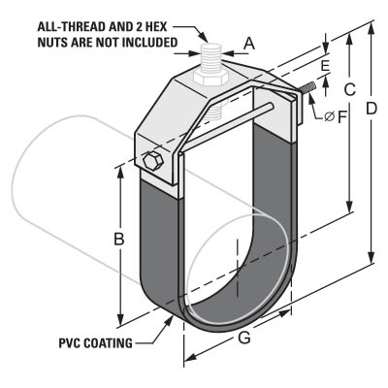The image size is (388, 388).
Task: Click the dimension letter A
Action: point(249,44)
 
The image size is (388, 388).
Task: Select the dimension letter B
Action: point(119,239)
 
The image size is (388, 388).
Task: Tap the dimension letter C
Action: point(349,89)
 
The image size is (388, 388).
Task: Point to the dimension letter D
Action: point(372,109)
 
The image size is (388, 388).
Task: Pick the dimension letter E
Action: point(325,66)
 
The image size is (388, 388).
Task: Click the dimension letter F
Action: point(342,117)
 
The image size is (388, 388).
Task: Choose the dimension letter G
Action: point(244,338)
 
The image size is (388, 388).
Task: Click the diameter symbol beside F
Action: point(330,116)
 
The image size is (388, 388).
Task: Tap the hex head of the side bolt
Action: point(152,160)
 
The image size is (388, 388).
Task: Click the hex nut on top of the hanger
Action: point(210,79)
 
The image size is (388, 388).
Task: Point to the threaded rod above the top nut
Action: point(210,59)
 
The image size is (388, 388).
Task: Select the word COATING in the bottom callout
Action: point(108,343)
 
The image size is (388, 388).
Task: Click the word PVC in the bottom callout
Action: point(69,343)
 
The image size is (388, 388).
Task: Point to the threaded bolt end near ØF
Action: point(308,88)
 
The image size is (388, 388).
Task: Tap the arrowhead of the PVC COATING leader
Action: point(169,321)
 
